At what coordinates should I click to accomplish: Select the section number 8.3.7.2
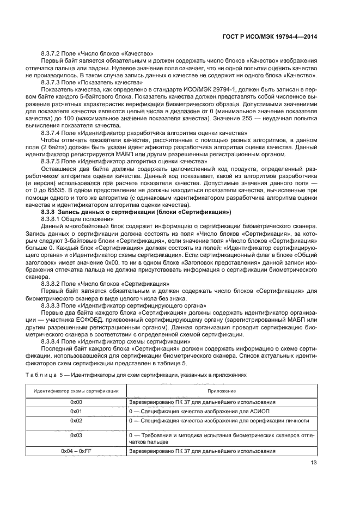52,53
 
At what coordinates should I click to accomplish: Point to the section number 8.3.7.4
52,133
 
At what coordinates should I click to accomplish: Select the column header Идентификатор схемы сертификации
76,391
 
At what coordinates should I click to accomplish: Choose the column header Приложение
221,391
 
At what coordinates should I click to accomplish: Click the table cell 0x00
76,402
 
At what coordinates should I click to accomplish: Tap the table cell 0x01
76,412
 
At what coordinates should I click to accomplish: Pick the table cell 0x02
76,421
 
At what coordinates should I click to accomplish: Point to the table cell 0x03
76,436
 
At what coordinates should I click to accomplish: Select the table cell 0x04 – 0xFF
76,451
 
